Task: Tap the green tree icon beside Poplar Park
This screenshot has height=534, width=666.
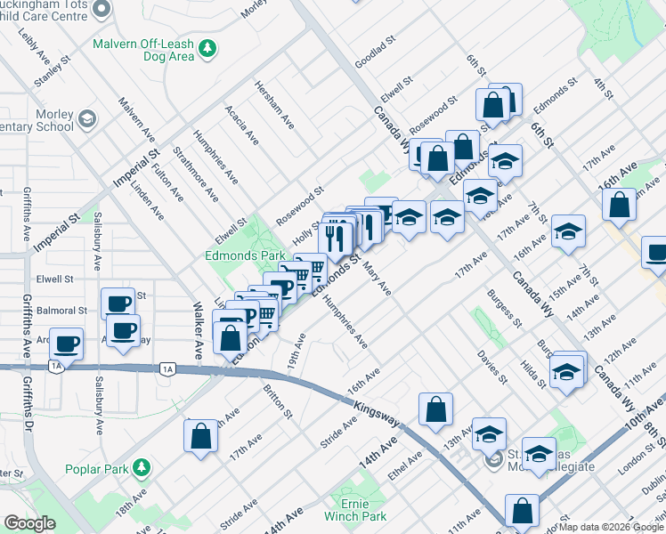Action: [x=141, y=467]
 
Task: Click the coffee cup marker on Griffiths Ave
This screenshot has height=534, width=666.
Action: [x=66, y=344]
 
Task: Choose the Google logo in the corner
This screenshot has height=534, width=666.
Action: [x=29, y=523]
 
